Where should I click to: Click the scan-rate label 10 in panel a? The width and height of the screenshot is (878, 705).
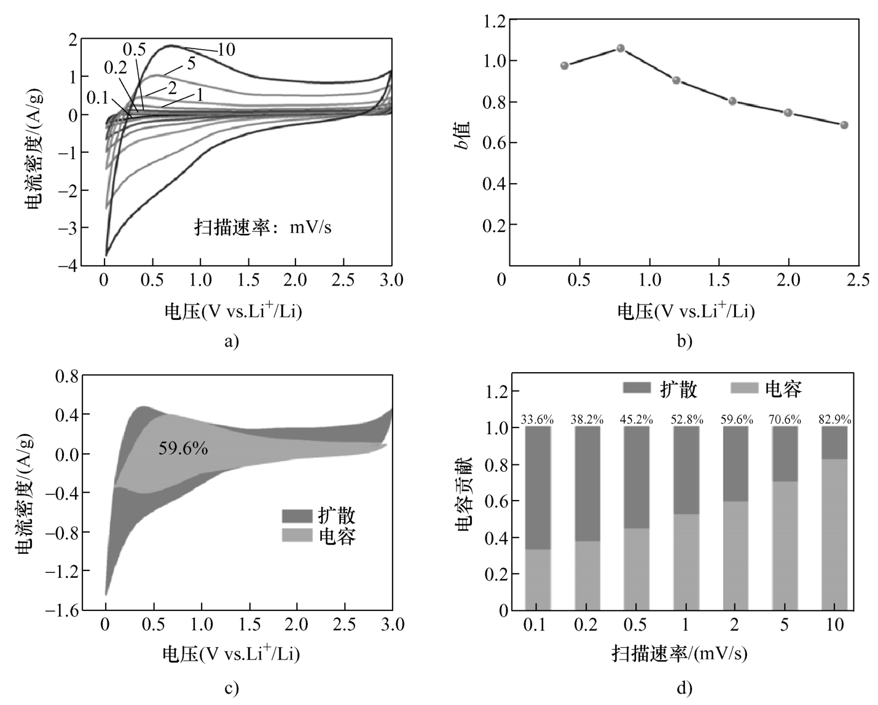pos(226,50)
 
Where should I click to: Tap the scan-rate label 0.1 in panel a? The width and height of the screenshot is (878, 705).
pos(97,98)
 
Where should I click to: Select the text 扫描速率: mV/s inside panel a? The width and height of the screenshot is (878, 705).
pos(263,227)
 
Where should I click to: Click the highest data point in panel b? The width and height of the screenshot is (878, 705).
pos(621,48)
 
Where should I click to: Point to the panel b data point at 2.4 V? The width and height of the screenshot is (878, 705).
pos(844,125)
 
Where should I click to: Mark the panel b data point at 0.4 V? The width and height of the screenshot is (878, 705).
pos(565,66)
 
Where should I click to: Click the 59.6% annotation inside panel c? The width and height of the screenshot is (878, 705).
pos(183,448)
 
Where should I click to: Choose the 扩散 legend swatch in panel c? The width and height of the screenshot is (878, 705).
pos(297,515)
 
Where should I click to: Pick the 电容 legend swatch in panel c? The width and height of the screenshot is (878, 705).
pos(297,535)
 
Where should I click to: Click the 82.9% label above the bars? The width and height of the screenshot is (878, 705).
pos(834,420)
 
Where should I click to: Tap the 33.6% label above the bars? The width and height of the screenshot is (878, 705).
pos(538,420)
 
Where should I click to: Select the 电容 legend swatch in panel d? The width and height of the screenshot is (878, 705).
pos(743,388)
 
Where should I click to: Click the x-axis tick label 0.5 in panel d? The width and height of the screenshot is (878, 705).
pos(635,625)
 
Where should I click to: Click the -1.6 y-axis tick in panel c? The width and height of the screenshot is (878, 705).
pos(63,610)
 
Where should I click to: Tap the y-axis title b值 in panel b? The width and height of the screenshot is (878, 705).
pos(463,134)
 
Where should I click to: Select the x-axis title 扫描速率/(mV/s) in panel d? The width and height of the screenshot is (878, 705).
pos(679,653)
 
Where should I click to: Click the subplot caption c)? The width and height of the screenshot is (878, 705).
pos(231,688)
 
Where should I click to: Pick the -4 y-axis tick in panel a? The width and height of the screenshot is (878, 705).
pos(68,265)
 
